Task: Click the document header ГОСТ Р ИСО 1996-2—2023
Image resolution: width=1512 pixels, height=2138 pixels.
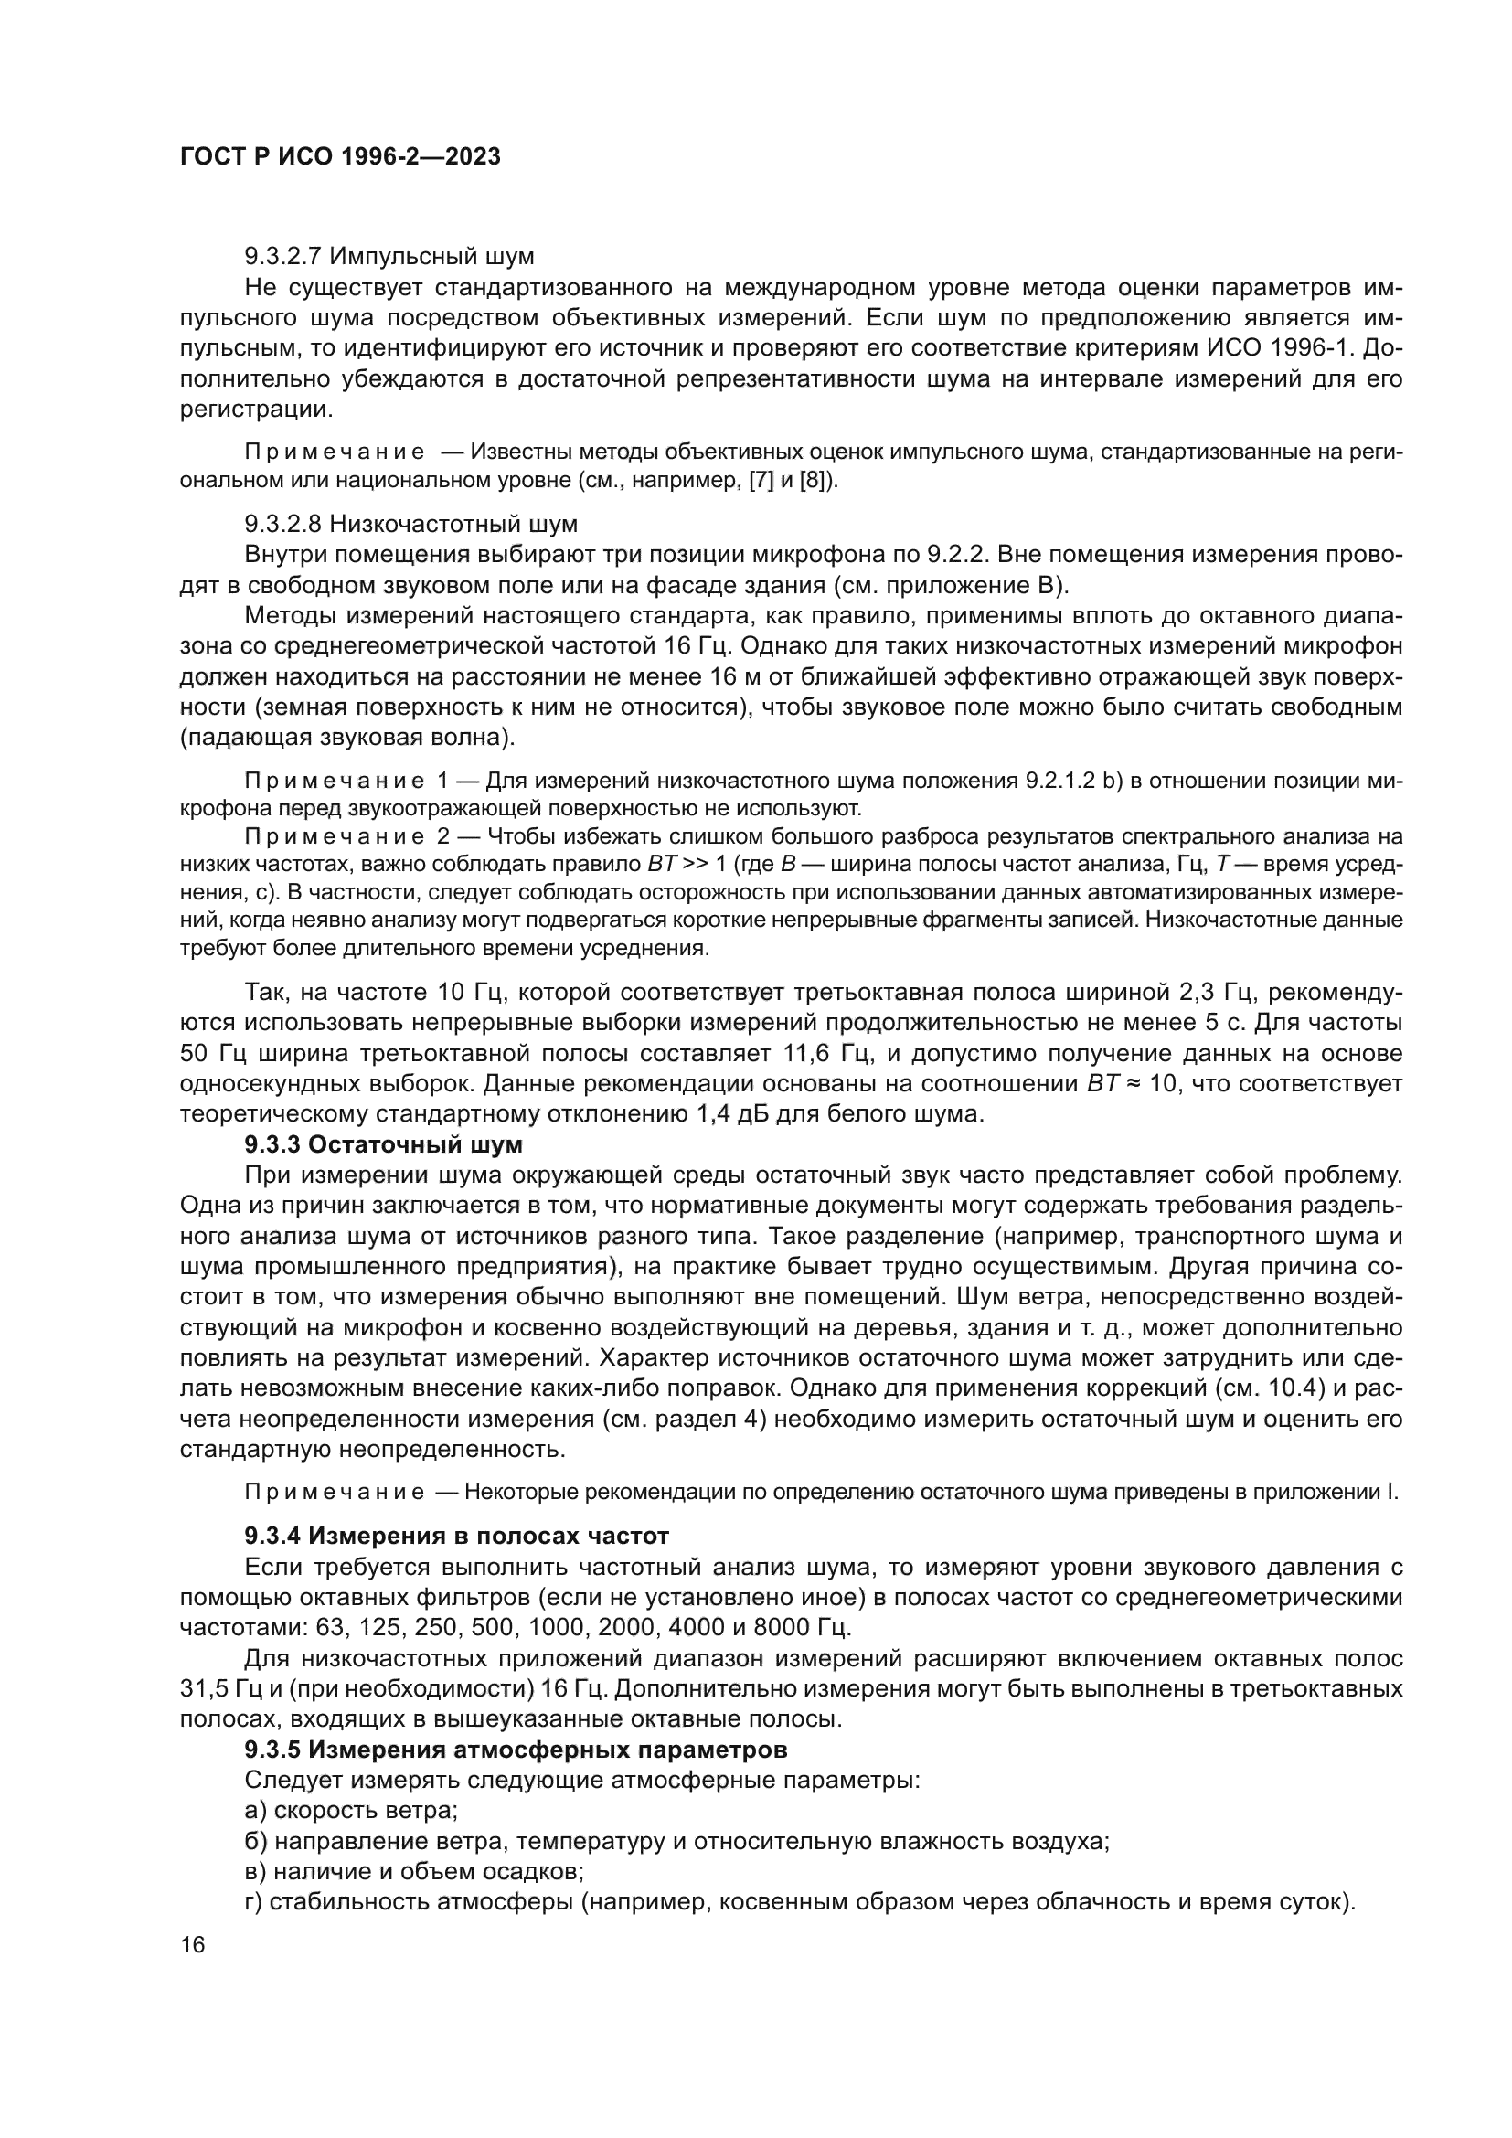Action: [340, 156]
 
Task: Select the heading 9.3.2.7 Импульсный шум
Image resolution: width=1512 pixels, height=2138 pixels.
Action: [389, 255]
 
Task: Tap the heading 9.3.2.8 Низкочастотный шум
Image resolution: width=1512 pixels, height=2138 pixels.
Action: [410, 524]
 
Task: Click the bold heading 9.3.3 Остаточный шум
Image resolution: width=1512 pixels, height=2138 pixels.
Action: [384, 1144]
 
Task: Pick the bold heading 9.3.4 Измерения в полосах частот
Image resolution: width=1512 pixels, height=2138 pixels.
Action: [456, 1535]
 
